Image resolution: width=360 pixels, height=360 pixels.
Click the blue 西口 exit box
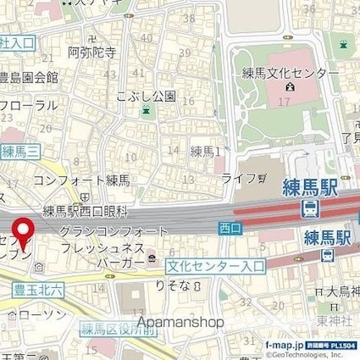230,227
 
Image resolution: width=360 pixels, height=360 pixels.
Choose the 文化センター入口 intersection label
216,264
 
